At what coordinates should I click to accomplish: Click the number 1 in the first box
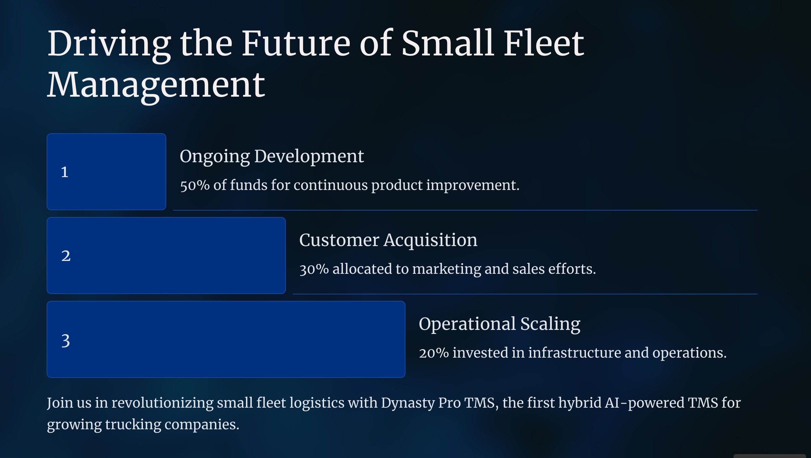(65, 172)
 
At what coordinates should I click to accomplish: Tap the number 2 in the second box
(66, 256)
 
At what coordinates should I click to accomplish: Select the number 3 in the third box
(66, 341)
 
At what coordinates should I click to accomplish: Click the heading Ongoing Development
(272, 157)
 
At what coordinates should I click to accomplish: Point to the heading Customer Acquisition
(388, 241)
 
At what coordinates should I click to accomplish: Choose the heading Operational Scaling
(499, 324)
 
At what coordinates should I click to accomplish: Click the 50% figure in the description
(195, 185)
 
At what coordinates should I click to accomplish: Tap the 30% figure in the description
(314, 269)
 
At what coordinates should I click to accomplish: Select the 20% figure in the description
(434, 353)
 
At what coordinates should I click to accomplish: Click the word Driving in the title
(109, 44)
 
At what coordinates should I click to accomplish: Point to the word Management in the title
(156, 86)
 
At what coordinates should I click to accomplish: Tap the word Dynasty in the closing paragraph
(408, 403)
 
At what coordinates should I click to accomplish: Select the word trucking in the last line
(133, 425)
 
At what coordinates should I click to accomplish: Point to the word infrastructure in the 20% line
(574, 353)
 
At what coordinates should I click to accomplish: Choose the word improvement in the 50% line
(473, 186)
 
